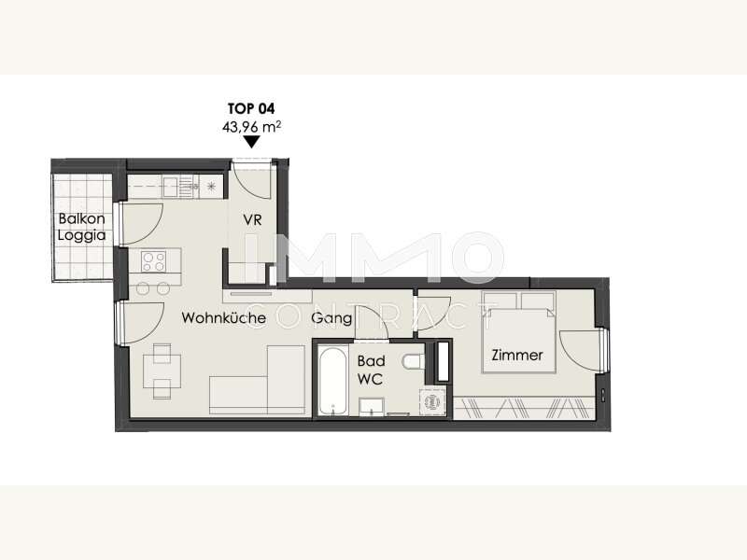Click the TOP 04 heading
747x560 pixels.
coord(251,108)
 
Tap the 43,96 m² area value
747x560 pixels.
coord(251,127)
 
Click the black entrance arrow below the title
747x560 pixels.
coord(251,142)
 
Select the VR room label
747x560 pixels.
coord(252,220)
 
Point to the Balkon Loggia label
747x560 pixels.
coord(81,227)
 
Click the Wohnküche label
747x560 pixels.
coord(223,318)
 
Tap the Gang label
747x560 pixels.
coord(331,318)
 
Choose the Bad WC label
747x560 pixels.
coord(371,370)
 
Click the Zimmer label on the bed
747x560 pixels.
coord(517,356)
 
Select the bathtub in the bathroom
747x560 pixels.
coord(332,382)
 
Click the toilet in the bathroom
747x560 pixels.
coord(413,362)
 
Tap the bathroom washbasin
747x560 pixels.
coord(372,407)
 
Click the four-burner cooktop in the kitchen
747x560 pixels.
coord(154,261)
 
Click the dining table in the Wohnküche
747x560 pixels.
coord(162,371)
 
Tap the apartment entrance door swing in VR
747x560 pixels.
coord(251,180)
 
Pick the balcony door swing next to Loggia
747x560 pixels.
coord(142,224)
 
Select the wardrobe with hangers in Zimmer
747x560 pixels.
coord(524,408)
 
